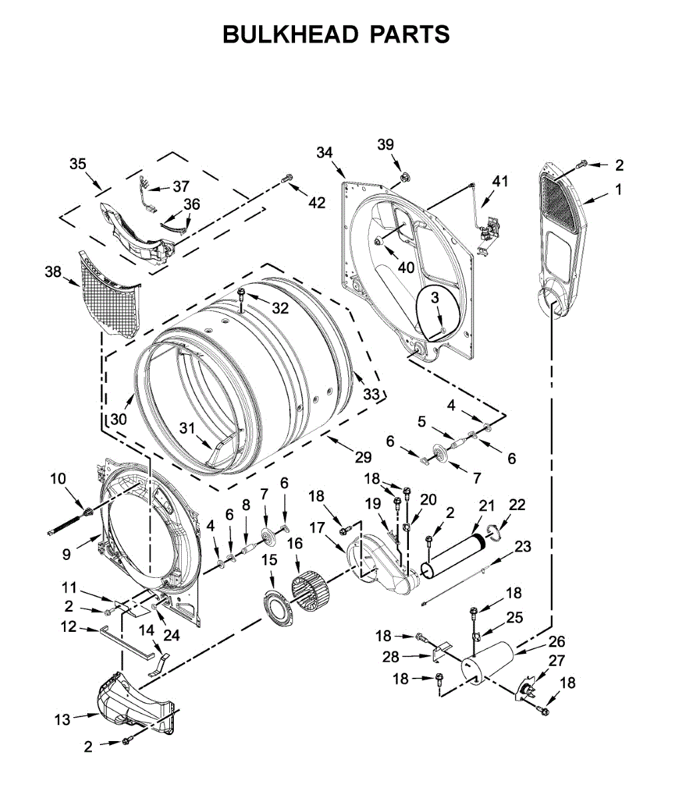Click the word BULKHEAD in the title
[x=291, y=35]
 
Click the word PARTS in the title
[x=410, y=35]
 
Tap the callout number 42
[x=316, y=202]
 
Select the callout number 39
[x=386, y=144]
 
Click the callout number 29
[x=363, y=457]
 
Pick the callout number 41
[x=500, y=181]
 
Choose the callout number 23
[x=523, y=547]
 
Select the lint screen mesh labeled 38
[x=110, y=294]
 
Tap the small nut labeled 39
[x=405, y=177]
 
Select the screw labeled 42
[x=287, y=178]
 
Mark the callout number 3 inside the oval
[x=435, y=298]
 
